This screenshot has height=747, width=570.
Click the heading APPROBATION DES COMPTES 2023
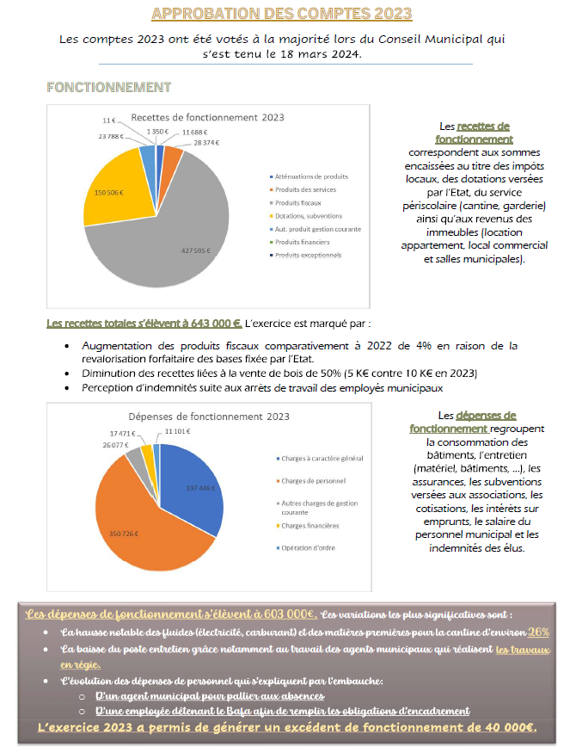pyautogui.click(x=281, y=14)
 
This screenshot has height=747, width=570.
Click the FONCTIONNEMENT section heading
pyautogui.click(x=108, y=87)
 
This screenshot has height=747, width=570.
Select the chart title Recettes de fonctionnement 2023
pyautogui.click(x=207, y=117)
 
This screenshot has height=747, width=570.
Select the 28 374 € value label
pyautogui.click(x=206, y=142)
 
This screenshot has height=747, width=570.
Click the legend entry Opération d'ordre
pyautogui.click(x=306, y=548)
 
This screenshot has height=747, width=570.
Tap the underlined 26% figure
pyautogui.click(x=539, y=631)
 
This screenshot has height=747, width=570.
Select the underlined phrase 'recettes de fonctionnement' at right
pyautogui.click(x=475, y=133)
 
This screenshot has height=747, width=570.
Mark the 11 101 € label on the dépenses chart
pyautogui.click(x=178, y=430)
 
